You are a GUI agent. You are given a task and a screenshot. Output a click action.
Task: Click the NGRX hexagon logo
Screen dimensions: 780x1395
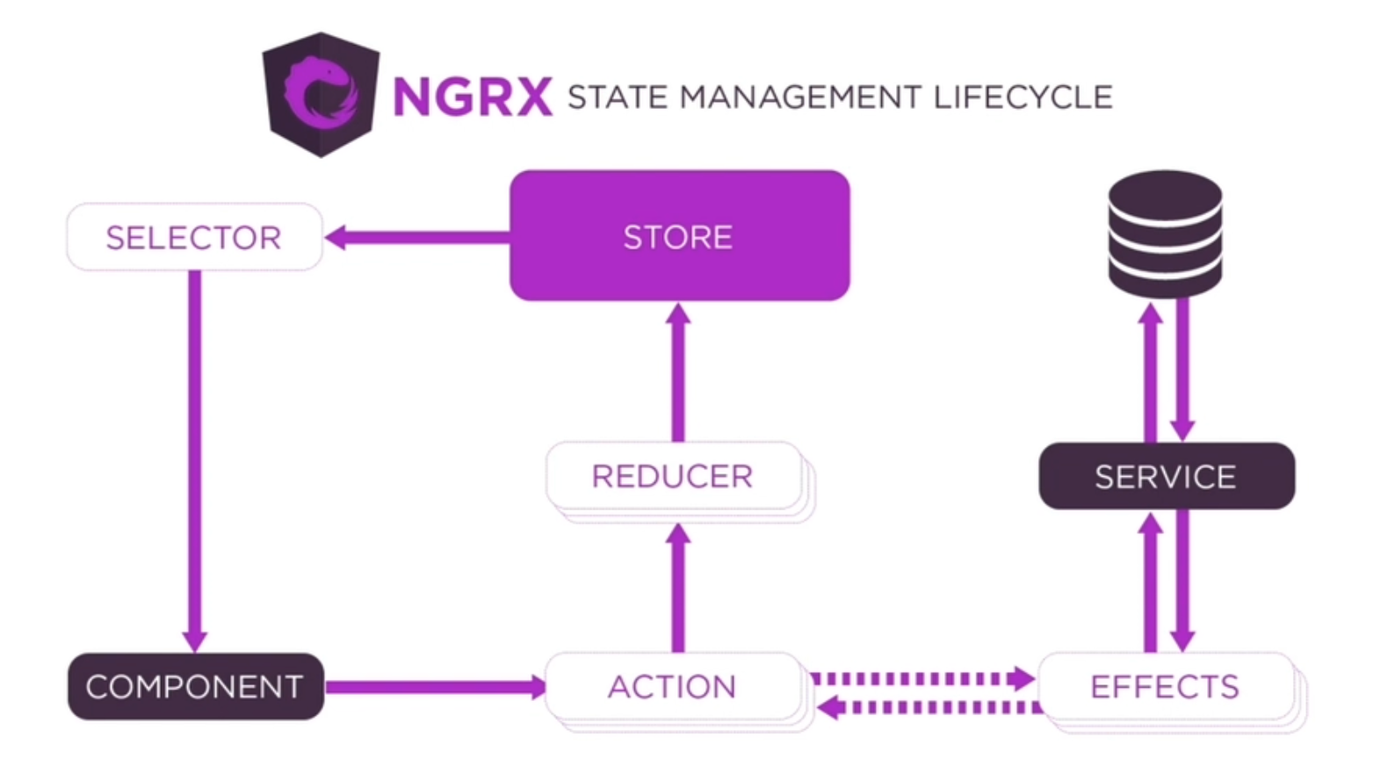click(322, 95)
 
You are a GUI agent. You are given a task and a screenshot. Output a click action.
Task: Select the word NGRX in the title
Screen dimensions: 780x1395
click(473, 97)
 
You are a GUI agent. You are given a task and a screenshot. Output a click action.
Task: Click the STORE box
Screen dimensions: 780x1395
click(679, 236)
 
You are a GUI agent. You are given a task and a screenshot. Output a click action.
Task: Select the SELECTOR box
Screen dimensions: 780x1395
click(194, 237)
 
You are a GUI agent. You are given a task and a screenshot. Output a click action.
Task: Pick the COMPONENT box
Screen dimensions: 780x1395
click(195, 686)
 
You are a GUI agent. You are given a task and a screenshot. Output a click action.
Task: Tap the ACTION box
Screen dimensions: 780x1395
click(673, 686)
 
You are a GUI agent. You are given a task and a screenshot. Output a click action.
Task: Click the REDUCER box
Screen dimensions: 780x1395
click(673, 476)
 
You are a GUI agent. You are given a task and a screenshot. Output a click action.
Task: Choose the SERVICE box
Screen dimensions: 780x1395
click(1166, 476)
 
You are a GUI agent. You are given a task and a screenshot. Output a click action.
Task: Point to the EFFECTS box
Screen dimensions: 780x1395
click(1166, 686)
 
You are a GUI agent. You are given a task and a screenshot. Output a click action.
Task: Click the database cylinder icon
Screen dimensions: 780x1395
click(1165, 234)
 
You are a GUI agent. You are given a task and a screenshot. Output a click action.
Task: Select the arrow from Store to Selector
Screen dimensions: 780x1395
click(417, 237)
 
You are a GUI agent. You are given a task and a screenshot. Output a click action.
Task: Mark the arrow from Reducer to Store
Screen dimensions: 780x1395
click(677, 372)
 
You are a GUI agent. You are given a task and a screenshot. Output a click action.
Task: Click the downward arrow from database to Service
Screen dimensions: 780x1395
click(1182, 369)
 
